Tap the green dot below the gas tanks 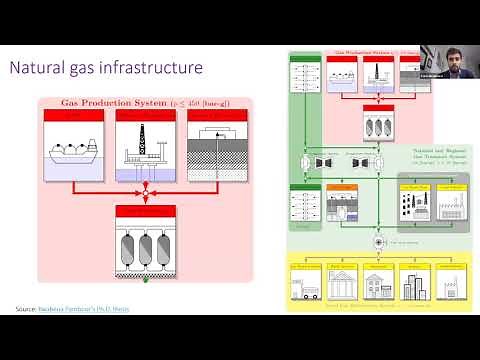click(x=146, y=281)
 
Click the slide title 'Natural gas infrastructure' click(x=106, y=68)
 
